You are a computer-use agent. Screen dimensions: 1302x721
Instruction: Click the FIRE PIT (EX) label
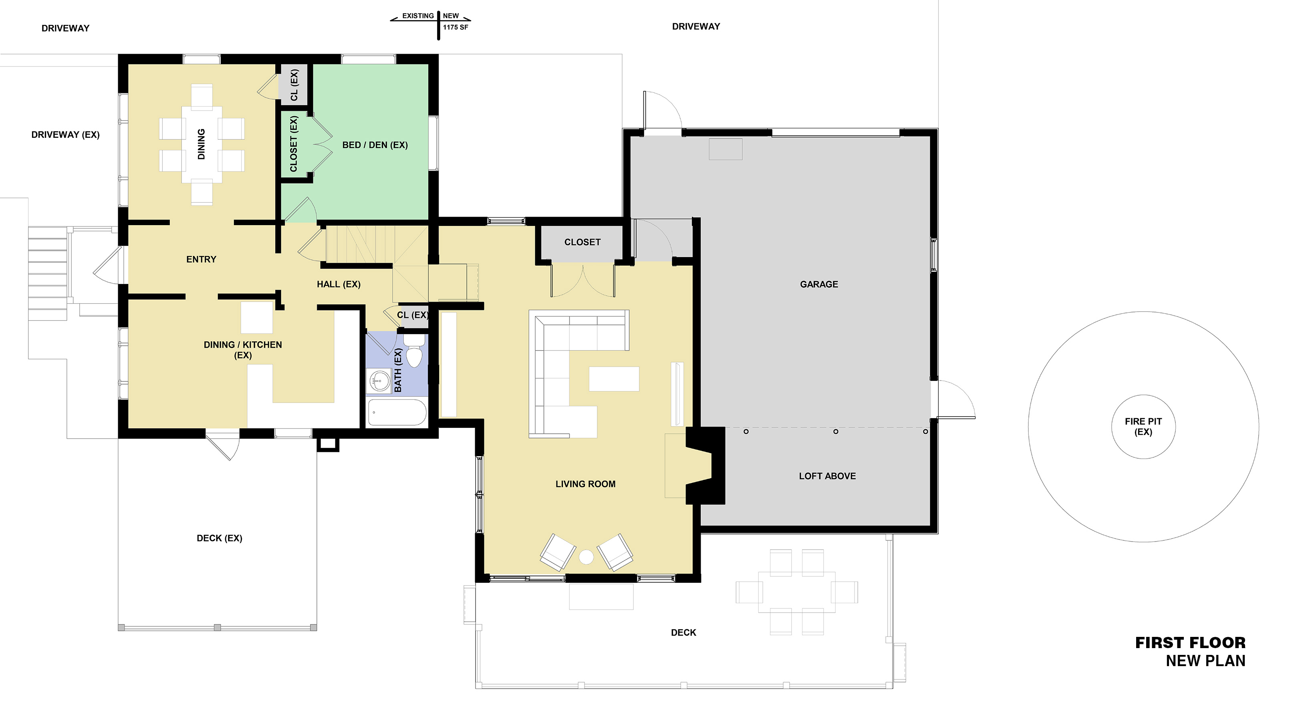[1143, 427]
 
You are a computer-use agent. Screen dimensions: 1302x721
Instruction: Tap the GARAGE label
[819, 284]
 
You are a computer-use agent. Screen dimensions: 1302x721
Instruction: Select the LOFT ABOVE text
[827, 476]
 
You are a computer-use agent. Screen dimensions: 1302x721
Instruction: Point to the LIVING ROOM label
[585, 484]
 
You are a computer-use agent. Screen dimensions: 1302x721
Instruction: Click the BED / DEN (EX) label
[375, 145]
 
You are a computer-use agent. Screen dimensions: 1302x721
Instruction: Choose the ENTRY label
[201, 259]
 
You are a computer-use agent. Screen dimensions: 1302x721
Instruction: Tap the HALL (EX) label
[339, 284]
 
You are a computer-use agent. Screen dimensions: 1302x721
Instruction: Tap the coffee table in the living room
[614, 379]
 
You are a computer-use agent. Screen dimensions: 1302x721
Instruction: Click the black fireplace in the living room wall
[705, 465]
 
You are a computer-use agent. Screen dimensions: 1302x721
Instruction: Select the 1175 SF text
[455, 27]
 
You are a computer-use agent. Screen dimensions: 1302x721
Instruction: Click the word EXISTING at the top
[418, 16]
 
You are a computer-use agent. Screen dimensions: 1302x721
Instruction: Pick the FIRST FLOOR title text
[1190, 642]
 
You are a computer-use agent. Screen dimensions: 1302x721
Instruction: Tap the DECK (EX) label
[220, 538]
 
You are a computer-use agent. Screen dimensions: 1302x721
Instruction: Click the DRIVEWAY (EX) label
[65, 135]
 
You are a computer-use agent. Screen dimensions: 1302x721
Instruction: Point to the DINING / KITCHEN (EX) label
[243, 350]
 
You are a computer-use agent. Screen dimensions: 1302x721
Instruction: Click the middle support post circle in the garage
[836, 431]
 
